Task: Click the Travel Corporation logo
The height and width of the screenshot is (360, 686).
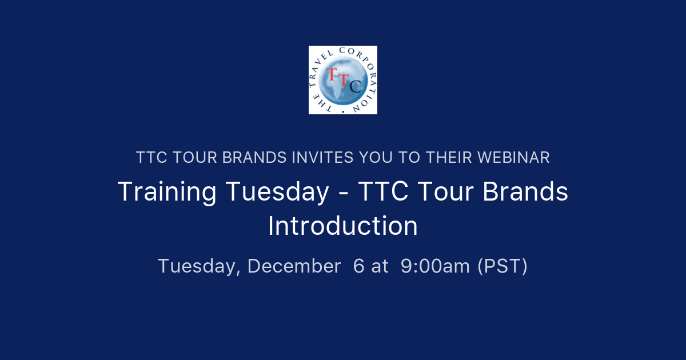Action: coord(343,80)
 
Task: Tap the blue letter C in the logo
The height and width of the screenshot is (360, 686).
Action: coord(354,86)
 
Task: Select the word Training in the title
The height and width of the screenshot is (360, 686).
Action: coord(166,192)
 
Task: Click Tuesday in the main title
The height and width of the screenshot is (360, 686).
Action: coord(277,192)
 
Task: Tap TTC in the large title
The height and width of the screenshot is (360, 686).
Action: coord(383,192)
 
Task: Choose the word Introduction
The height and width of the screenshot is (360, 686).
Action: coord(343,226)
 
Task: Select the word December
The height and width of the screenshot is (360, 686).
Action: coord(294,266)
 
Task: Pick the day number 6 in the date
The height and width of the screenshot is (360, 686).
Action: coord(358,266)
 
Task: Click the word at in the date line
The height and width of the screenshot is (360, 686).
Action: coord(380,266)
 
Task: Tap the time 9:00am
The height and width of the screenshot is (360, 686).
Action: coord(435,266)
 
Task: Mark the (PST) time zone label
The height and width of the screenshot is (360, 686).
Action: coord(502,266)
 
